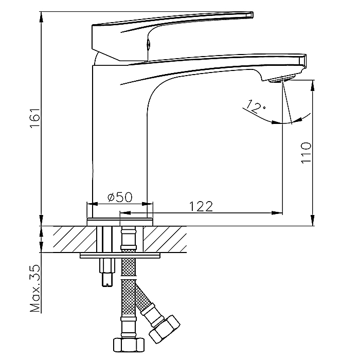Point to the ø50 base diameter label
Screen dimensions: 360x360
[119, 197]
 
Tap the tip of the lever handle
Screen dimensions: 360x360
[251, 14]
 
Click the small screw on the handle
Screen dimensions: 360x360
[148, 45]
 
